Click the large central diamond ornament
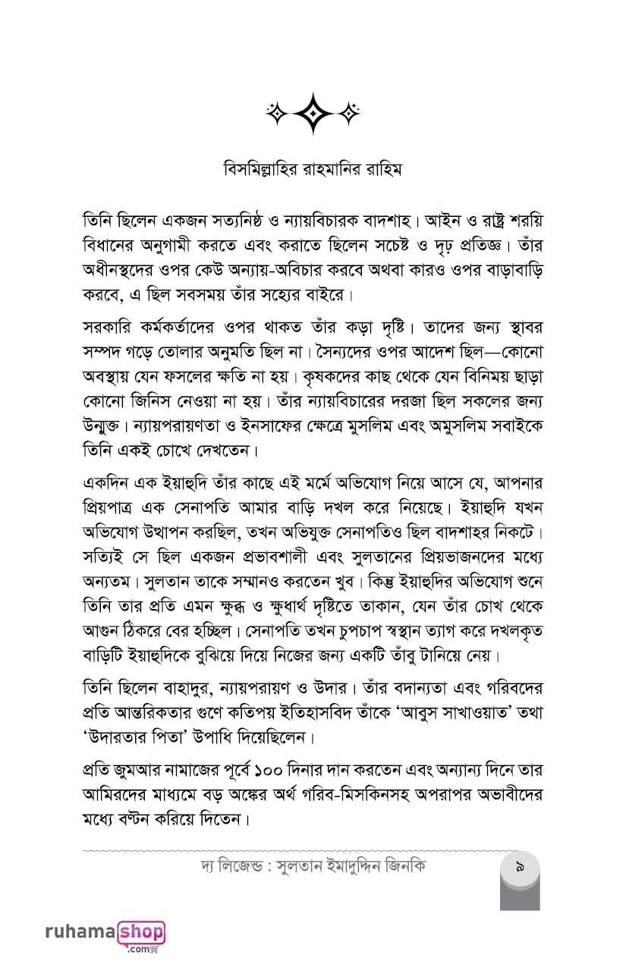tap(313, 113)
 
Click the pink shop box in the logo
tap(141, 932)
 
